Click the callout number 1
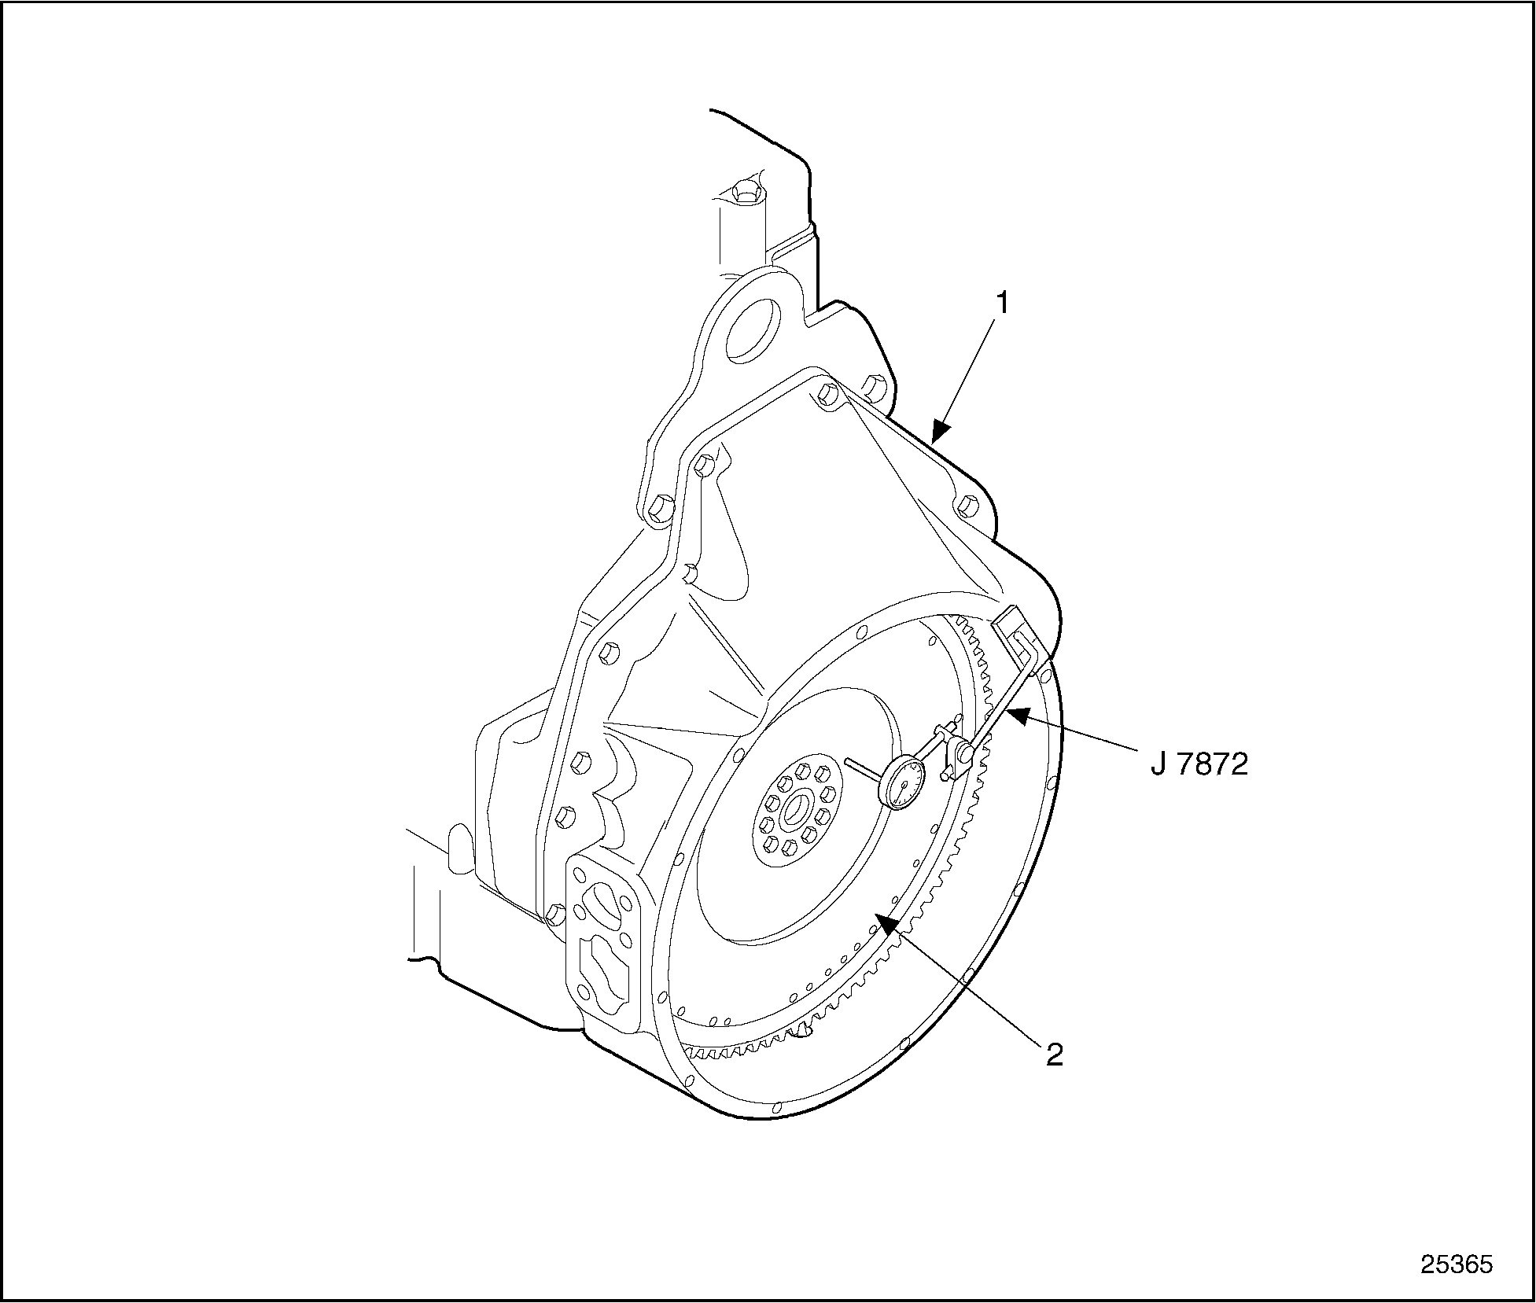[x=1002, y=304]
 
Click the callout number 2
[x=1054, y=1055]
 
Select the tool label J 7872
[x=1199, y=764]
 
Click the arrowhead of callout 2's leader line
[x=889, y=922]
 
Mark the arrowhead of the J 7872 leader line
[x=1018, y=716]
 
